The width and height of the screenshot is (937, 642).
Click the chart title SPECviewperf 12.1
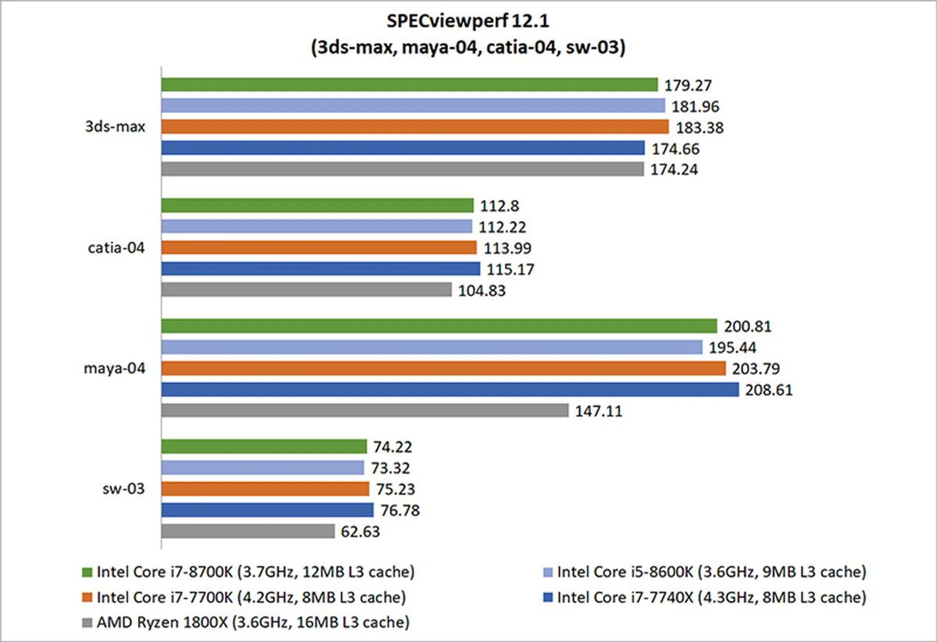point(468,21)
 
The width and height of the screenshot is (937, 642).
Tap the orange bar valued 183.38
point(415,127)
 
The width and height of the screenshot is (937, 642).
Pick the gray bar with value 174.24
point(403,169)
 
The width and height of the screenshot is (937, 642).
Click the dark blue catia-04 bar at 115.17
point(321,269)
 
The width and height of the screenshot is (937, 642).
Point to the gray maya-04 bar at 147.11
point(365,410)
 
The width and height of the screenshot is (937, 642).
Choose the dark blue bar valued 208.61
point(450,389)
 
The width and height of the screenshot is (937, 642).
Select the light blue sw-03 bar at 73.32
point(263,468)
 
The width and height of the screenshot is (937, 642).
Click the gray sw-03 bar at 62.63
point(248,531)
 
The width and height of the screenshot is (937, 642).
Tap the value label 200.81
point(747,326)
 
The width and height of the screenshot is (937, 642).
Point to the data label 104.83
point(482,291)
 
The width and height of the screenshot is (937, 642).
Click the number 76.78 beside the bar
point(400,510)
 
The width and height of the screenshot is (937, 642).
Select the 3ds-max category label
point(115,127)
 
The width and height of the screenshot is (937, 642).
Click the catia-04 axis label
point(116,248)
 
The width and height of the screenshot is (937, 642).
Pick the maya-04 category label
point(115,368)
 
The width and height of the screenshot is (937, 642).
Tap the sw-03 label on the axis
point(123,488)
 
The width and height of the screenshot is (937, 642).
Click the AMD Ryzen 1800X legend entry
point(252,623)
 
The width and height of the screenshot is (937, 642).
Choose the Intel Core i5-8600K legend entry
point(711,572)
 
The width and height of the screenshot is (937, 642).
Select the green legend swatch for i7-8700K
point(87,572)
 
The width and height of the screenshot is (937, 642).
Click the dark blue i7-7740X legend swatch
point(548,598)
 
